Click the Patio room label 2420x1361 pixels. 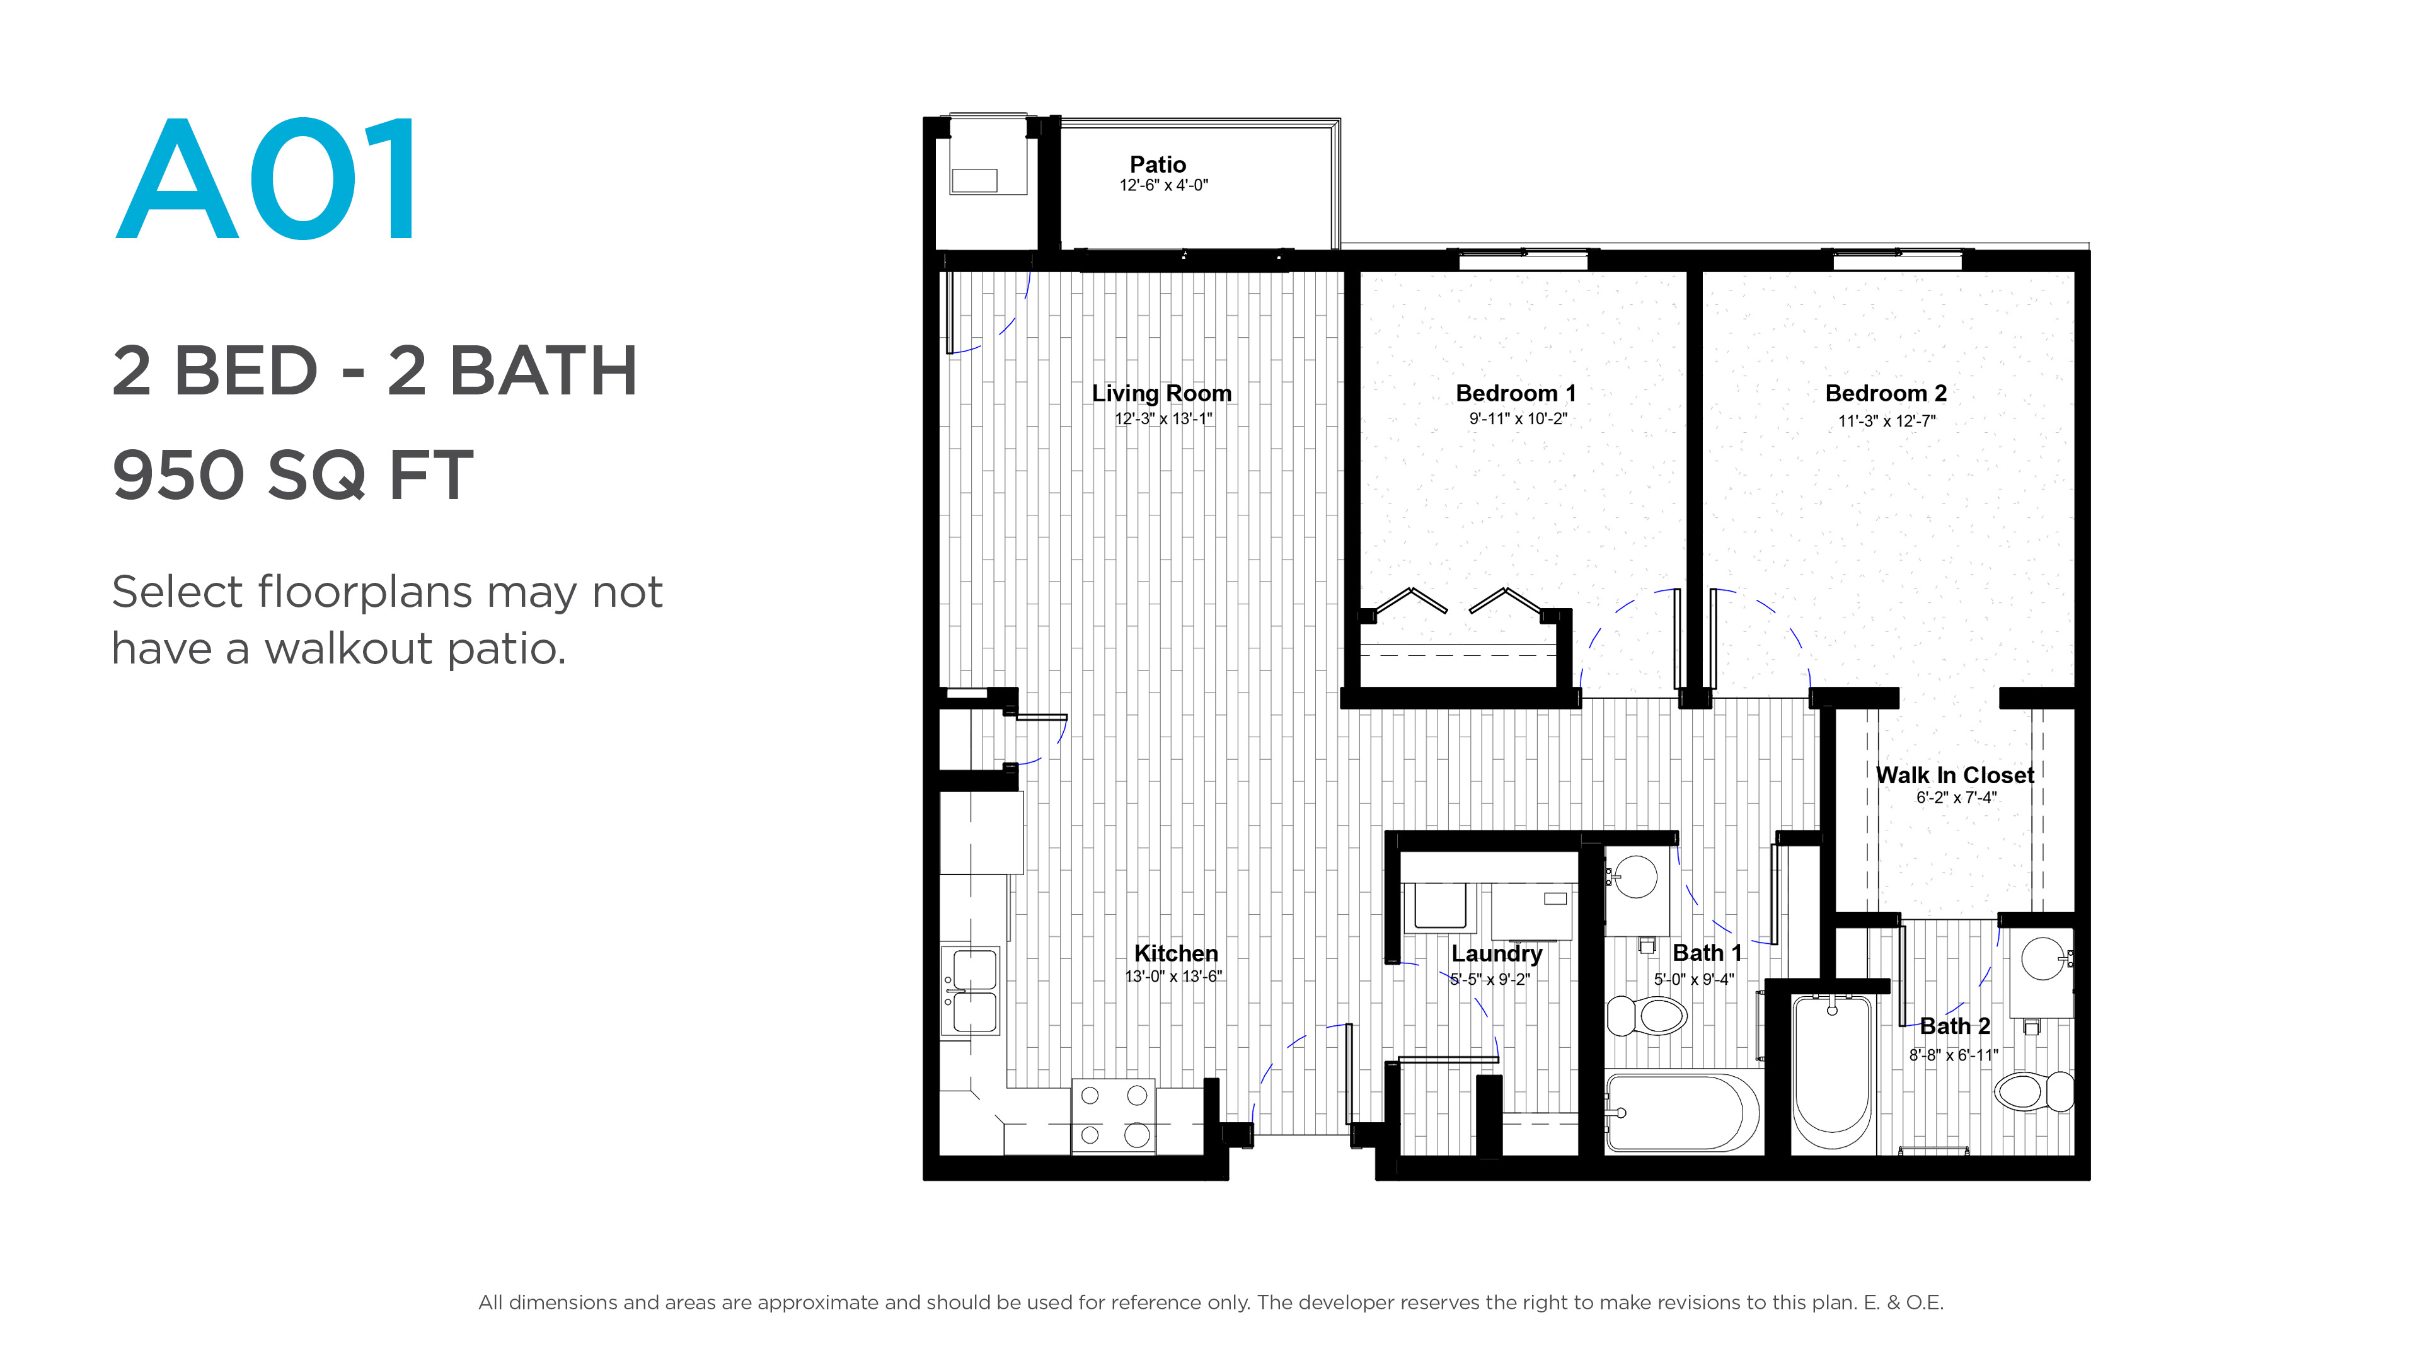[x=1158, y=164]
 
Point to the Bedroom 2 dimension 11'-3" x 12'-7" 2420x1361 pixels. [x=1886, y=421]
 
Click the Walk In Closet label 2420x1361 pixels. [x=1955, y=775]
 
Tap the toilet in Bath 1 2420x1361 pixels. [x=1647, y=1015]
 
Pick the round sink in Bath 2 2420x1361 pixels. [x=2043, y=958]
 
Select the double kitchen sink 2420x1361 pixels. [x=971, y=991]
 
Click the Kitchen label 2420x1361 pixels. [x=1175, y=953]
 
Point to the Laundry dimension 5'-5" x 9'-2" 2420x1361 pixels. [x=1489, y=979]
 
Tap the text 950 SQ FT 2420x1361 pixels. [x=292, y=474]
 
